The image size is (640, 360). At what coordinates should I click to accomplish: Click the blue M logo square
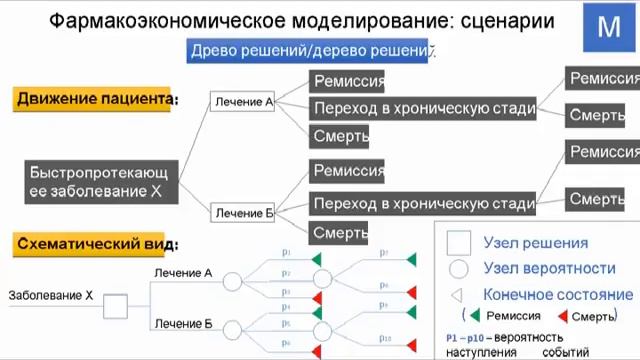[x=608, y=28]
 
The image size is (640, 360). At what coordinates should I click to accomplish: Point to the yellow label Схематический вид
[x=96, y=243]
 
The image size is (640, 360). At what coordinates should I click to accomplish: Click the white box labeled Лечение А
[x=243, y=101]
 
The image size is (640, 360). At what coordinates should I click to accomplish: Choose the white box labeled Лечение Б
[x=244, y=213]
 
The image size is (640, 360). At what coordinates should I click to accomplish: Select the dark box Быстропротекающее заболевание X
[x=104, y=180]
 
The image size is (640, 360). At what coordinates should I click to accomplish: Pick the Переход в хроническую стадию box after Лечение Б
[x=422, y=204]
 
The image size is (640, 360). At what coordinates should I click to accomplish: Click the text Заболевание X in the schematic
[x=50, y=296]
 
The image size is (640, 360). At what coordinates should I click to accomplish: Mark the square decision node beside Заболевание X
[x=115, y=306]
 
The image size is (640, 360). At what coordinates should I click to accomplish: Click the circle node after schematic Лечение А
[x=232, y=282]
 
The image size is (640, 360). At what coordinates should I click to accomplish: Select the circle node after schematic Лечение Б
[x=232, y=329]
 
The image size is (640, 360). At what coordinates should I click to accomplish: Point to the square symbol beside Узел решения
[x=458, y=243]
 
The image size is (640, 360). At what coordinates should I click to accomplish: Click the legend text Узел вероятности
[x=548, y=268]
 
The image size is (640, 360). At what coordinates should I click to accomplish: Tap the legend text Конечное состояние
[x=557, y=295]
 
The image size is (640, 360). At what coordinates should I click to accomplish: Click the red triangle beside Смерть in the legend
[x=562, y=317]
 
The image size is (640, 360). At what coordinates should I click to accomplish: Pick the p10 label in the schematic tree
[x=386, y=338]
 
